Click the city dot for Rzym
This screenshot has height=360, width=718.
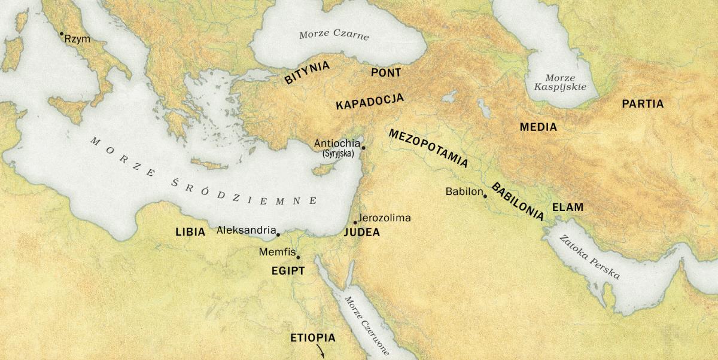tap(61, 33)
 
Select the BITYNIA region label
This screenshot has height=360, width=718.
tap(307, 72)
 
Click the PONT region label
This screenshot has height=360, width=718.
tap(386, 72)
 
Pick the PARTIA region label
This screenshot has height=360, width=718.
tap(643, 104)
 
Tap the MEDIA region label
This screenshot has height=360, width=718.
tap(538, 127)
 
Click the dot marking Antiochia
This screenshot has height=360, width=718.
tap(363, 147)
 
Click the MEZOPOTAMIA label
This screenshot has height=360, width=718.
tap(428, 148)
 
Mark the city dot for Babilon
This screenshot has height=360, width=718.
tap(485, 196)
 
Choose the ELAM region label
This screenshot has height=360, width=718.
tap(567, 208)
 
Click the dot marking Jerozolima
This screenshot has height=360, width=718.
tap(355, 222)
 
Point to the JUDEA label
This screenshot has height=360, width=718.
tap(362, 233)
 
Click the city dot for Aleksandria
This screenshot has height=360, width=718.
tap(278, 234)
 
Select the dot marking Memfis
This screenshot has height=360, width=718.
tap(298, 258)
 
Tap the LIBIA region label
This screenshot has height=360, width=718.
tap(190, 231)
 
